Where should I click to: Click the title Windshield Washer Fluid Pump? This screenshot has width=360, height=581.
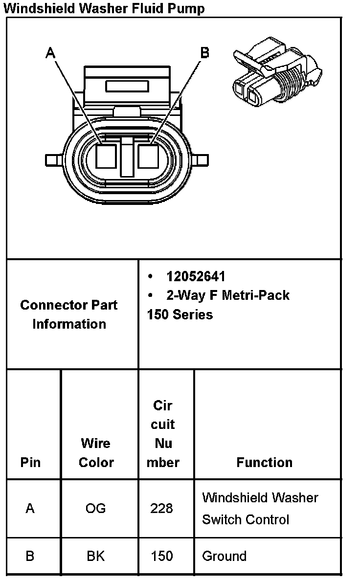coord(104,8)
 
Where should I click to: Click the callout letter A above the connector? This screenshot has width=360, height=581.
coord(50,52)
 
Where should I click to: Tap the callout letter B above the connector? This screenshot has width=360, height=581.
coord(205,52)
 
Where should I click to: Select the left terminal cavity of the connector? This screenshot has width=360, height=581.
coord(105,156)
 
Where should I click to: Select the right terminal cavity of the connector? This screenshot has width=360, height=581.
coord(148,156)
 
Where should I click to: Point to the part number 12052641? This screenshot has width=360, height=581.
coord(196,276)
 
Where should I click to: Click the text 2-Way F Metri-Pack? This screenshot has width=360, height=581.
coord(228,295)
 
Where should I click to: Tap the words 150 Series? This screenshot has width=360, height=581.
coord(180,314)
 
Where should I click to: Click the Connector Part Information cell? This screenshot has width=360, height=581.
coord(69,314)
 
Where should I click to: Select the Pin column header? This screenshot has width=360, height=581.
coord(30,462)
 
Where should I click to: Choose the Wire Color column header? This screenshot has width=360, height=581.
coord(96,453)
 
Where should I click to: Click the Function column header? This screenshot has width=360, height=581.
coord(264,462)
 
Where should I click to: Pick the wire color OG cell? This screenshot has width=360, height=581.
coord(95,509)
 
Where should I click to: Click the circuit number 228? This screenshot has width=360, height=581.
coord(161,509)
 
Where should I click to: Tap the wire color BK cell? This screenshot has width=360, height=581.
coord(95,556)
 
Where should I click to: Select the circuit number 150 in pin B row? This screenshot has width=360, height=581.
coord(161,556)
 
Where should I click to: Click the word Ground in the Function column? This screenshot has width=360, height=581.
coord(224,556)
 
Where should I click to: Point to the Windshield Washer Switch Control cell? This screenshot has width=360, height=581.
coord(260,509)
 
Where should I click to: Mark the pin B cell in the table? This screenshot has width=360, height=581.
coord(30,556)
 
